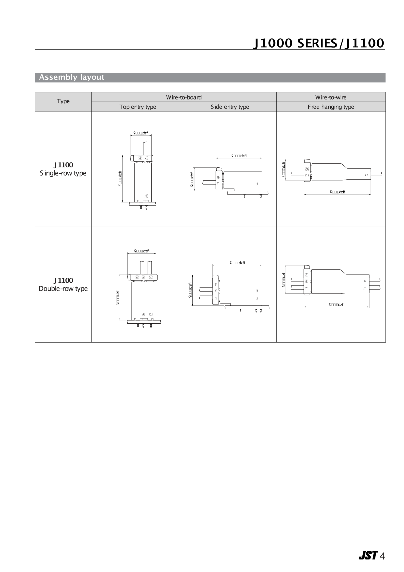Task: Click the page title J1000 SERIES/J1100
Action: point(318,43)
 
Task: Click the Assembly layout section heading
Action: point(72,77)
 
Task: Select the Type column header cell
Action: point(63,101)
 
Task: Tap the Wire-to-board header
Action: point(184,97)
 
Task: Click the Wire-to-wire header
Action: point(331,97)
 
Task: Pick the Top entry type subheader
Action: point(137,107)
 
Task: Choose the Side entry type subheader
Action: point(230,107)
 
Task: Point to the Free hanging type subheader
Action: point(331,107)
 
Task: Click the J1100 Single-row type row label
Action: point(63,169)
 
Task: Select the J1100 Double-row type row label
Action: point(63,285)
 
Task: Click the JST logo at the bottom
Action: point(368,555)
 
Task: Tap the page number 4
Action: point(382,556)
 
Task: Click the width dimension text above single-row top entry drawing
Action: point(141,133)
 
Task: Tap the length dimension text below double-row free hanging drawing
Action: point(336,304)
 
